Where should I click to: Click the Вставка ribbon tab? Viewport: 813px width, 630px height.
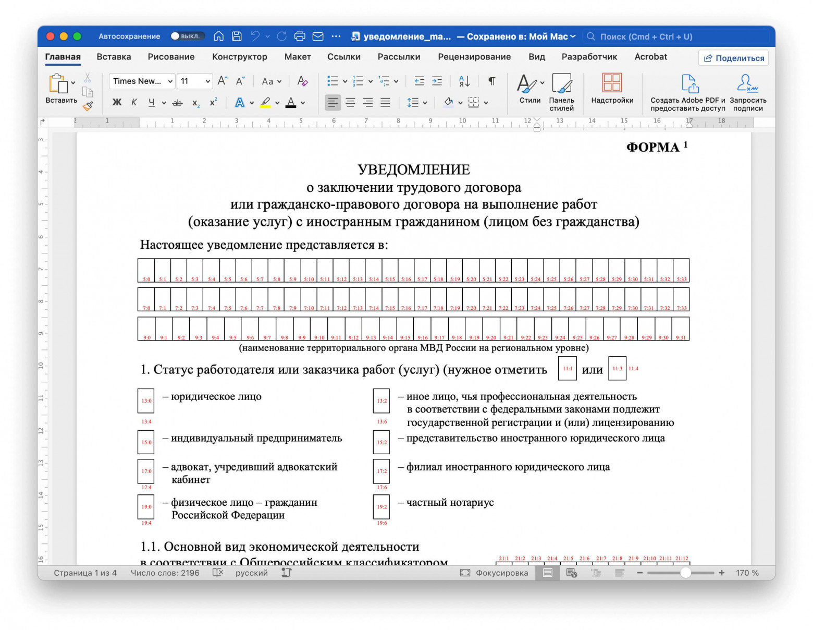pos(114,57)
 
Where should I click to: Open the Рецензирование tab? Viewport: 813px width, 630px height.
pos(474,57)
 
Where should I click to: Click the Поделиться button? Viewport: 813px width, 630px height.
pos(734,58)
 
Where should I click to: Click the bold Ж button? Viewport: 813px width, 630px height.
pos(117,102)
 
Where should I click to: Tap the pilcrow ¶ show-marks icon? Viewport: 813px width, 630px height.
pos(491,81)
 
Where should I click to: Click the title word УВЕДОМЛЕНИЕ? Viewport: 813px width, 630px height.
pos(413,169)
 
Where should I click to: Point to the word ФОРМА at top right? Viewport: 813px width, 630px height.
pos(652,147)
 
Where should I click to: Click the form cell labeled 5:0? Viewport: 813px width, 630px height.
pos(146,270)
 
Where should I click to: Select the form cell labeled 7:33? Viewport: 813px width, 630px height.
pos(681,299)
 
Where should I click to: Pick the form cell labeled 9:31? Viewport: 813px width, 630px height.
pos(680,329)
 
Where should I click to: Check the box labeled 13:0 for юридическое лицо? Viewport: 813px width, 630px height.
pos(146,401)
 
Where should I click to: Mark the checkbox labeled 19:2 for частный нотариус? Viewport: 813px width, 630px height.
pos(381,506)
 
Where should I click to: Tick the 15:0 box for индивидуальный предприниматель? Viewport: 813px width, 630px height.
pos(146,442)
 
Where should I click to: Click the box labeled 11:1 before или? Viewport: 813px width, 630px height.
pos(567,368)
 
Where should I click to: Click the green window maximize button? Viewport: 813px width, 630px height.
pos(77,36)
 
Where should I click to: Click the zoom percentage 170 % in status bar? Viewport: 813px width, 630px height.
pos(747,573)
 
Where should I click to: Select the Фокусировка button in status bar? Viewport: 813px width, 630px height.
pos(494,573)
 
